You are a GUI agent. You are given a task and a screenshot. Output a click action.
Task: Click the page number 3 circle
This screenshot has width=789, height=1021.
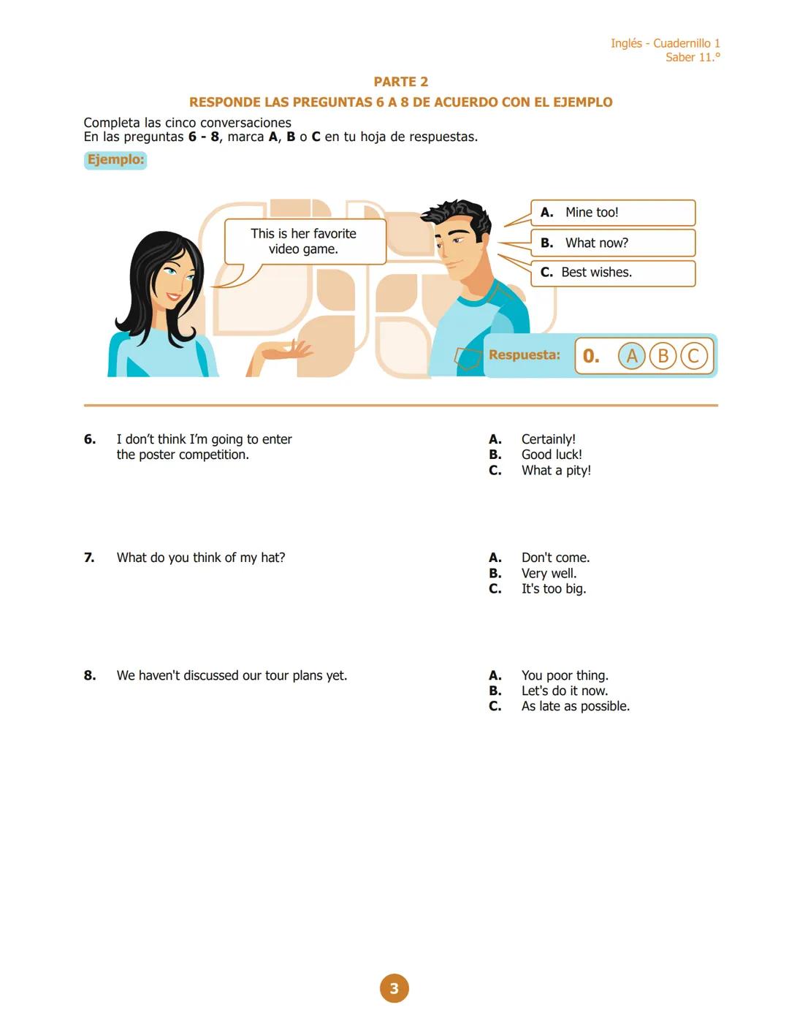[x=394, y=988]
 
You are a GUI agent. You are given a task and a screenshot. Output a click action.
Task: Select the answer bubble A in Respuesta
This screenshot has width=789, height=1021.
[x=632, y=356]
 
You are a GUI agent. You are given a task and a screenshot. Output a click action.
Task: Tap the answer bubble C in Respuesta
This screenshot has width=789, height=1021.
[x=694, y=356]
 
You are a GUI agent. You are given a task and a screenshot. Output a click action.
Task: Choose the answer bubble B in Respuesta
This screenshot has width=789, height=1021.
[x=663, y=356]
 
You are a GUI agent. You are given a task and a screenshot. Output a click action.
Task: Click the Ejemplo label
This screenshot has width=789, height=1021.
[x=115, y=159]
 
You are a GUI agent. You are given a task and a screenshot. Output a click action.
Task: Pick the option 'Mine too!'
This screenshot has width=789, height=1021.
[x=591, y=213]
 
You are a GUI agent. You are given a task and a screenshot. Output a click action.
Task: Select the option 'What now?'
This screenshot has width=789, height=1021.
[x=596, y=243]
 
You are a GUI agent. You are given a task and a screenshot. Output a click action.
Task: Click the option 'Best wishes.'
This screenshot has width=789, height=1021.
[x=596, y=273]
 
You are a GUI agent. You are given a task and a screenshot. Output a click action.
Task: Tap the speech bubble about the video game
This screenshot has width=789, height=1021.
[x=304, y=241]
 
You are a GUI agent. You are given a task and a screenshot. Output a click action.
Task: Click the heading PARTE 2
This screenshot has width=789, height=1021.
[x=400, y=82]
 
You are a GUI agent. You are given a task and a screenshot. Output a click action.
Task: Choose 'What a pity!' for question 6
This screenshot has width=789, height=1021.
[x=556, y=471]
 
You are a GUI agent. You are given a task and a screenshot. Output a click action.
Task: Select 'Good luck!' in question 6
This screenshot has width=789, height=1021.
[x=552, y=455]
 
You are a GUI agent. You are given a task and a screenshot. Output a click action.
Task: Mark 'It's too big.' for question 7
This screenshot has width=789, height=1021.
[x=553, y=589]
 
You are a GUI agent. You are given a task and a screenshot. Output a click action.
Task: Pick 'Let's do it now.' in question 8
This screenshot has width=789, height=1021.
[x=564, y=691]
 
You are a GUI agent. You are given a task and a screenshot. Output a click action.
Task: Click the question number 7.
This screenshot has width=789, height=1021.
[x=89, y=558]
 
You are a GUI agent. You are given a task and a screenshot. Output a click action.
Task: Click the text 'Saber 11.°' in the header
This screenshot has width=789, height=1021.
[x=692, y=58]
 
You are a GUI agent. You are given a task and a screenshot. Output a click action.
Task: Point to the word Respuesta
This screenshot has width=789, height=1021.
[x=524, y=355]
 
